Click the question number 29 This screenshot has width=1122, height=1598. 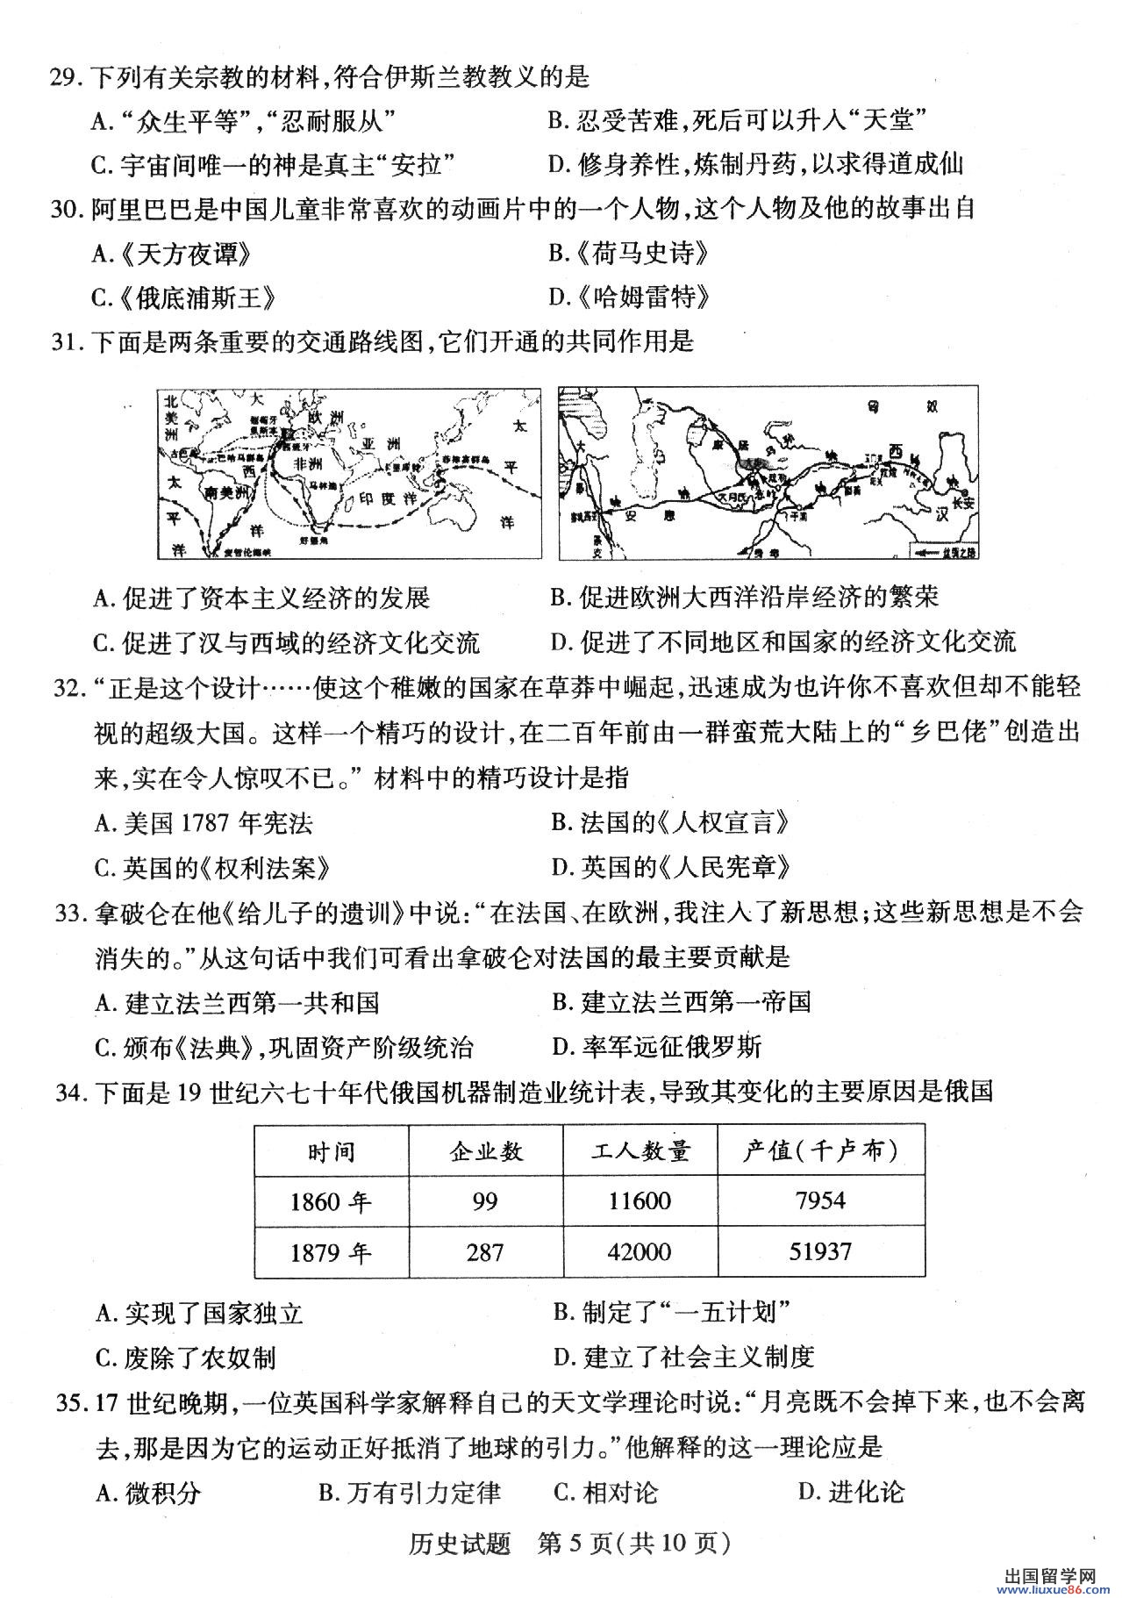click(66, 77)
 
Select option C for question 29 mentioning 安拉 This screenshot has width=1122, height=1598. click(272, 164)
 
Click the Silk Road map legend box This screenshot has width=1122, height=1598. click(942, 552)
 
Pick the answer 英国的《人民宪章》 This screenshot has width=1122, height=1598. click(671, 868)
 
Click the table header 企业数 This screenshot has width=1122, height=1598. click(485, 1150)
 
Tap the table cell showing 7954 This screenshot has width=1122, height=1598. click(820, 1200)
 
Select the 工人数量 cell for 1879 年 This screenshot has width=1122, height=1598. click(640, 1251)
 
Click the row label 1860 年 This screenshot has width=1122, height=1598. click(331, 1200)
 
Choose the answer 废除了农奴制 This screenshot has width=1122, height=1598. click(185, 1358)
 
